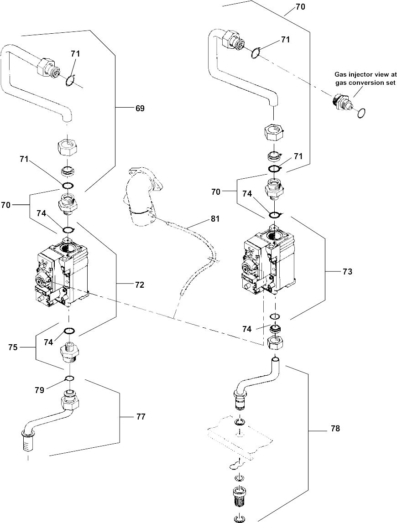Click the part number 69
click(140, 108)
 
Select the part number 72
click(140, 285)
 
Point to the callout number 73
click(348, 271)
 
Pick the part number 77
click(141, 416)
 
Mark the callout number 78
click(335, 429)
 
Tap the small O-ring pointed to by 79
click(69, 378)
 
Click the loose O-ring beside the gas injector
click(360, 112)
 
